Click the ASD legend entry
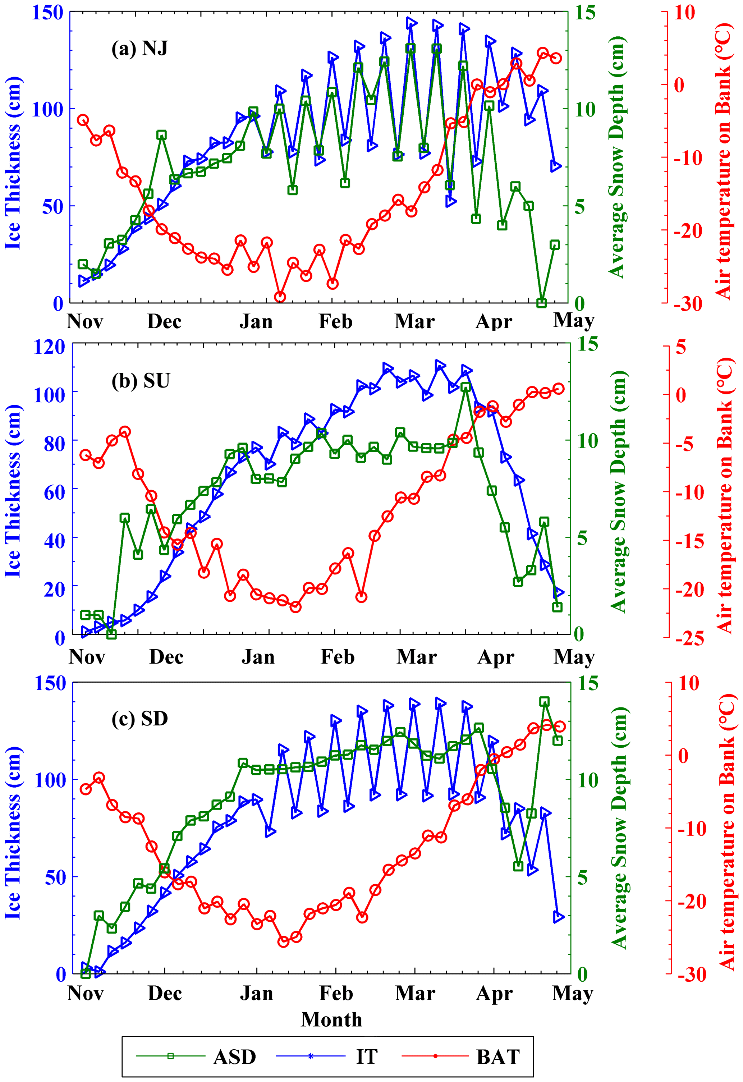point(234,1056)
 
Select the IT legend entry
point(366,1056)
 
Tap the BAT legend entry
point(497,1056)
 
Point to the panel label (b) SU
point(141,381)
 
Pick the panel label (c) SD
point(140,718)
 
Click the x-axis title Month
point(331,1019)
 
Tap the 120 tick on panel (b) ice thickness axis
point(49,347)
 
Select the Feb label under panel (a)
point(335,321)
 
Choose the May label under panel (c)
point(573,993)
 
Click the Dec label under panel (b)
point(166,657)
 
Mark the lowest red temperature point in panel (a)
point(280,297)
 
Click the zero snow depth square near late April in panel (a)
point(541,303)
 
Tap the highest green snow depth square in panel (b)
point(465,388)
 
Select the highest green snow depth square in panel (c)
point(545,702)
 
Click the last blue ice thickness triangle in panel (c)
point(559,917)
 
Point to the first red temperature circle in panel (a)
point(83,120)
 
